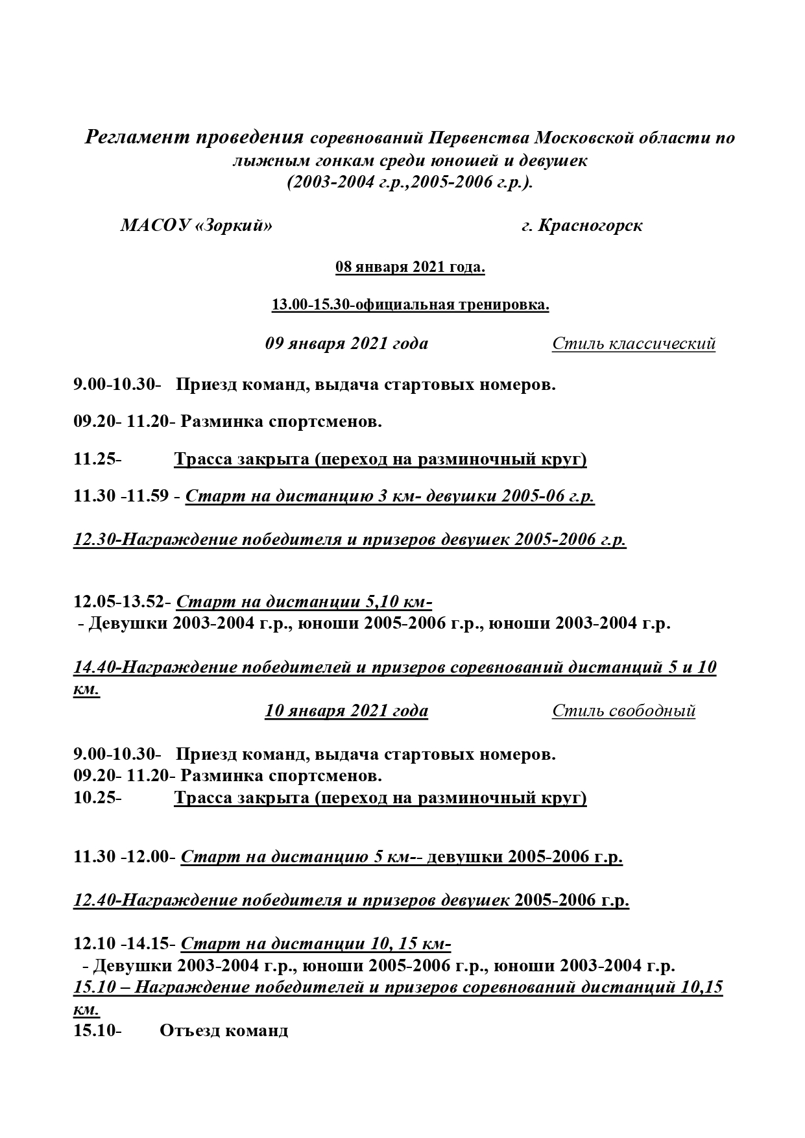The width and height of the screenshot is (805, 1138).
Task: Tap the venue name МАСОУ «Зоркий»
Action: click(196, 226)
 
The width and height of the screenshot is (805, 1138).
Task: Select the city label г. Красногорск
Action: click(582, 226)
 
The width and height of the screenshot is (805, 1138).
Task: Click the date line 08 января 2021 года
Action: click(410, 267)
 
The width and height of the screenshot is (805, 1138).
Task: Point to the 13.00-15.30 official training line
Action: click(410, 305)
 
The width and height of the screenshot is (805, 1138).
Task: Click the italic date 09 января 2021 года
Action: click(346, 343)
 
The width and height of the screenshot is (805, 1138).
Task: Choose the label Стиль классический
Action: click(634, 343)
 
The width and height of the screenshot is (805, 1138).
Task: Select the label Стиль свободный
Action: click(623, 711)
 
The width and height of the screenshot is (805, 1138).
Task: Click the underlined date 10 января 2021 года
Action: click(346, 711)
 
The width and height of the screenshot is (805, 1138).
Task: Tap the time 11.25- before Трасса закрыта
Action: click(97, 459)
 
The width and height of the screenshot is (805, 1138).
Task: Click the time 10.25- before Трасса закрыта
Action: click(97, 797)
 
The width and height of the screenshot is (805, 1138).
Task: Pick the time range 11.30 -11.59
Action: click(122, 497)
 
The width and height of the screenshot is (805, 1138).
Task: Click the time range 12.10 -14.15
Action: click(122, 944)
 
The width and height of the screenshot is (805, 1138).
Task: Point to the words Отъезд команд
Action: click(224, 1030)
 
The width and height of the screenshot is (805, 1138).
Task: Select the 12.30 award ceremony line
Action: click(350, 540)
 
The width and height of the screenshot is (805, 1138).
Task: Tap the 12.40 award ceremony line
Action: click(351, 901)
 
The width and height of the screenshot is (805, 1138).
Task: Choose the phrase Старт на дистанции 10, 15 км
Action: click(315, 944)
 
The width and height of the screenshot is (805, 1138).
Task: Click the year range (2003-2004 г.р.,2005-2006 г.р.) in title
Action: click(410, 182)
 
